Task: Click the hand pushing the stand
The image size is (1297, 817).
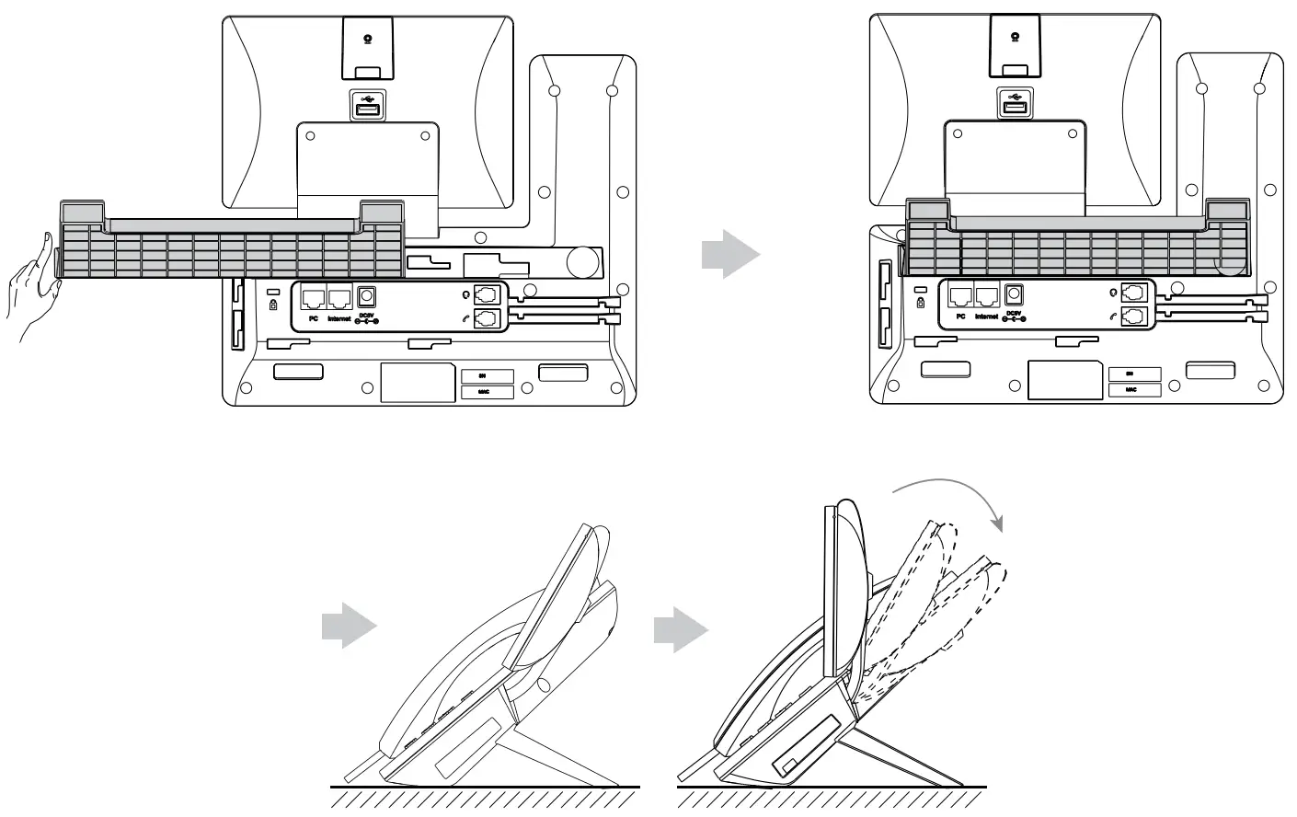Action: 33,291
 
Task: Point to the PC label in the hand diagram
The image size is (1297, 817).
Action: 314,318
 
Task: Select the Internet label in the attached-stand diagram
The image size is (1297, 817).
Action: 985,316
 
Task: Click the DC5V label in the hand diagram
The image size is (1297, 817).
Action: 367,316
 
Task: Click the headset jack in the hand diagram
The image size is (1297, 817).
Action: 488,295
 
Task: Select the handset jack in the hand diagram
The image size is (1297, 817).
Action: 488,318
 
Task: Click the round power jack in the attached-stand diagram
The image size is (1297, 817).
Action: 1014,294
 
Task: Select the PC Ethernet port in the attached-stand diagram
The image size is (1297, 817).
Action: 960,296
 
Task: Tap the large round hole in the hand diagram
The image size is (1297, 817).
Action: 581,262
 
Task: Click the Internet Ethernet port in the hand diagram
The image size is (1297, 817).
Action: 339,297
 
